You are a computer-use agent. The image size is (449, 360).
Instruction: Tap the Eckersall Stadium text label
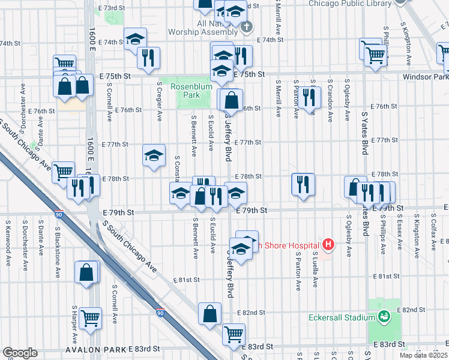coord(340,317)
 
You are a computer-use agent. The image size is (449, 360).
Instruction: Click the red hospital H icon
coord(328,244)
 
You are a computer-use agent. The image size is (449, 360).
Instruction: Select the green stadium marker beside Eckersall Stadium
coord(384,316)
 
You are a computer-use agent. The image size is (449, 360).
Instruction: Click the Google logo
coord(19,353)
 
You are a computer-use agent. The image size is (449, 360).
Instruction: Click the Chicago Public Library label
coord(349,3)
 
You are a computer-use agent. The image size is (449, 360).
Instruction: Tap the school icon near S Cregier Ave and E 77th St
coord(154,155)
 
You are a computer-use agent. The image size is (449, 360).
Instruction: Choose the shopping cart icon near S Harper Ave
coord(90,318)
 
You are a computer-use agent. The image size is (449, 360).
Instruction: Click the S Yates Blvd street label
coord(365,133)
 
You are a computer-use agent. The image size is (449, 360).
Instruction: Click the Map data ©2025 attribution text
coord(425,355)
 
